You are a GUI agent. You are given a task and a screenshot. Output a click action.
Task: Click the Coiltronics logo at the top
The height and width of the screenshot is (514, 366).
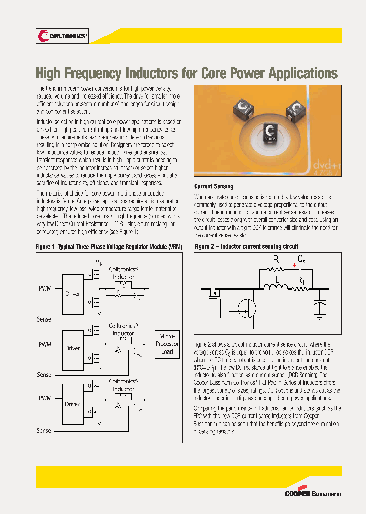coord(62,36)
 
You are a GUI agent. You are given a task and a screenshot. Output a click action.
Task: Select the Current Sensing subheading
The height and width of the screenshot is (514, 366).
coord(214,186)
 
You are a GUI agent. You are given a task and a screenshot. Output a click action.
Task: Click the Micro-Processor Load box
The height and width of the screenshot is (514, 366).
coord(167,344)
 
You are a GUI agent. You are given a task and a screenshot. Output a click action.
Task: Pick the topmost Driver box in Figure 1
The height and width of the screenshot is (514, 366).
coord(73,294)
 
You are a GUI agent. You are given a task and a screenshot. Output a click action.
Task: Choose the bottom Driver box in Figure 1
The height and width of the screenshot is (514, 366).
coord(73,404)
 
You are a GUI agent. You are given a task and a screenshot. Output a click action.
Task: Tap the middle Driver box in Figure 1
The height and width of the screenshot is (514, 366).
coord(73,349)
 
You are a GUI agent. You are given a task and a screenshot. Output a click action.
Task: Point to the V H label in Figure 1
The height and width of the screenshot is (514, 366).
coord(99,262)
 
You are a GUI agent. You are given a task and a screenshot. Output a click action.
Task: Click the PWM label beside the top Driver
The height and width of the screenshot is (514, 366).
coord(45,288)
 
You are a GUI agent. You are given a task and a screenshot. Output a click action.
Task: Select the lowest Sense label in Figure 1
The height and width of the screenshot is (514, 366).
coord(44,431)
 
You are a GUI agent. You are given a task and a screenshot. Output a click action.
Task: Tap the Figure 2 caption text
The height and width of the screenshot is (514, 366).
coord(247,246)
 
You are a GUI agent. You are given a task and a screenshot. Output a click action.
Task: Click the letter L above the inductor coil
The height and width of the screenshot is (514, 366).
coord(277,280)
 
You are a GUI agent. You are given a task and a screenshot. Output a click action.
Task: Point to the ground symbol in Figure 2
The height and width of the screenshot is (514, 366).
coord(319,316)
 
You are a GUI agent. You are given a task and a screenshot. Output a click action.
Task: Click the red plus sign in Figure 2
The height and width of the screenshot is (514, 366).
coord(294,265)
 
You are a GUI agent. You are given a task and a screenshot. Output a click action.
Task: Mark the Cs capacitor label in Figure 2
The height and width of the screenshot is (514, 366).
coord(302,260)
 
